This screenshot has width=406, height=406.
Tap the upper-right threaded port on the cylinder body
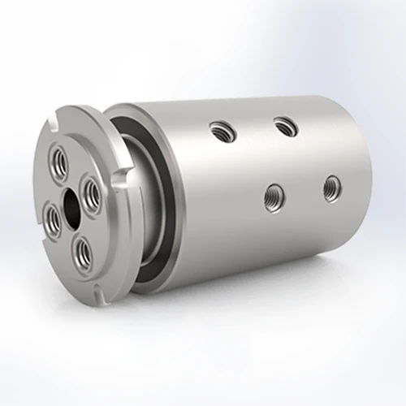tap(283, 126)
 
